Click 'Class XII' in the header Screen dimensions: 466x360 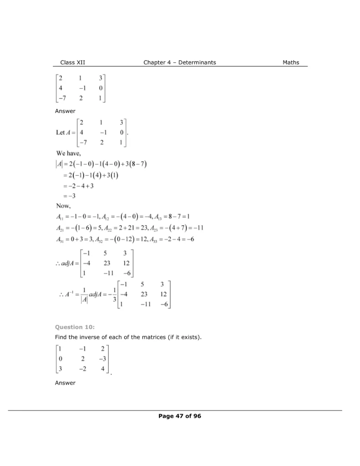(73, 62)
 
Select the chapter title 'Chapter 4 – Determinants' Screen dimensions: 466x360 (180, 62)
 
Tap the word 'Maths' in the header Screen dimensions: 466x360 (291, 62)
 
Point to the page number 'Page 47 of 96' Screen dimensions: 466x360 (180, 415)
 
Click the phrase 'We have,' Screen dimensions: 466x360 (69, 153)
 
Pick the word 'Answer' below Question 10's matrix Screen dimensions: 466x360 (65, 383)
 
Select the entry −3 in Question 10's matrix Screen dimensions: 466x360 (102, 359)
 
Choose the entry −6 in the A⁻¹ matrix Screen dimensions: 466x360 (164, 304)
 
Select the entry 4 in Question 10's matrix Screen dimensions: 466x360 (103, 368)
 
